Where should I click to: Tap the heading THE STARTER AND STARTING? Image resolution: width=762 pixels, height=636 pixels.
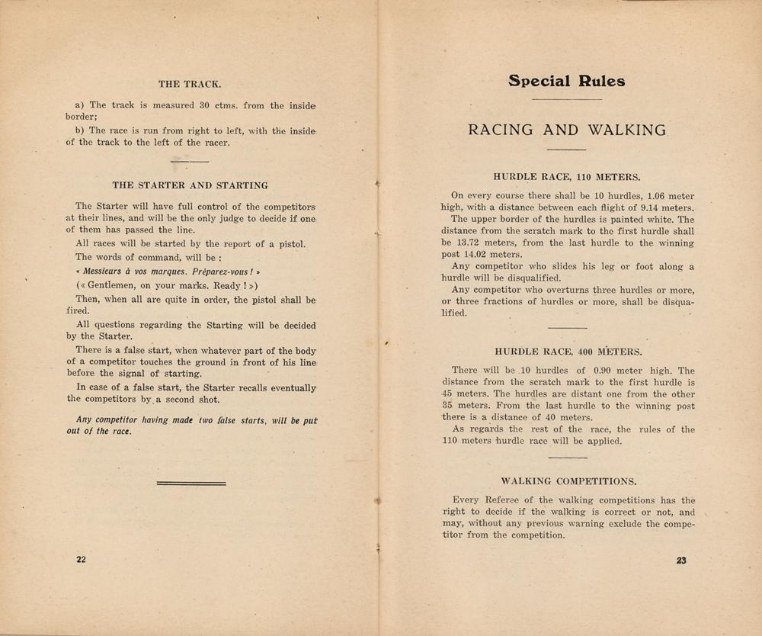pyautogui.click(x=190, y=185)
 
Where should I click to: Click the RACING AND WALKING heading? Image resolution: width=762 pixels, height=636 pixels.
pyautogui.click(x=566, y=130)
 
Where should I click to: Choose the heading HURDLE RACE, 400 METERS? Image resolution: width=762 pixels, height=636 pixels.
pyautogui.click(x=568, y=352)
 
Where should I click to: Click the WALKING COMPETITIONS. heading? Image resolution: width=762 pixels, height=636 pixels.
pyautogui.click(x=568, y=481)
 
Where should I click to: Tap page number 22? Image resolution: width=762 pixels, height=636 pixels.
pyautogui.click(x=82, y=559)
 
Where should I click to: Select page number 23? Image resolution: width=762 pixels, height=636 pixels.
pyautogui.click(x=681, y=561)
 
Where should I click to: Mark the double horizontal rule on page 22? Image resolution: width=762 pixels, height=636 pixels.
pyautogui.click(x=190, y=483)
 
